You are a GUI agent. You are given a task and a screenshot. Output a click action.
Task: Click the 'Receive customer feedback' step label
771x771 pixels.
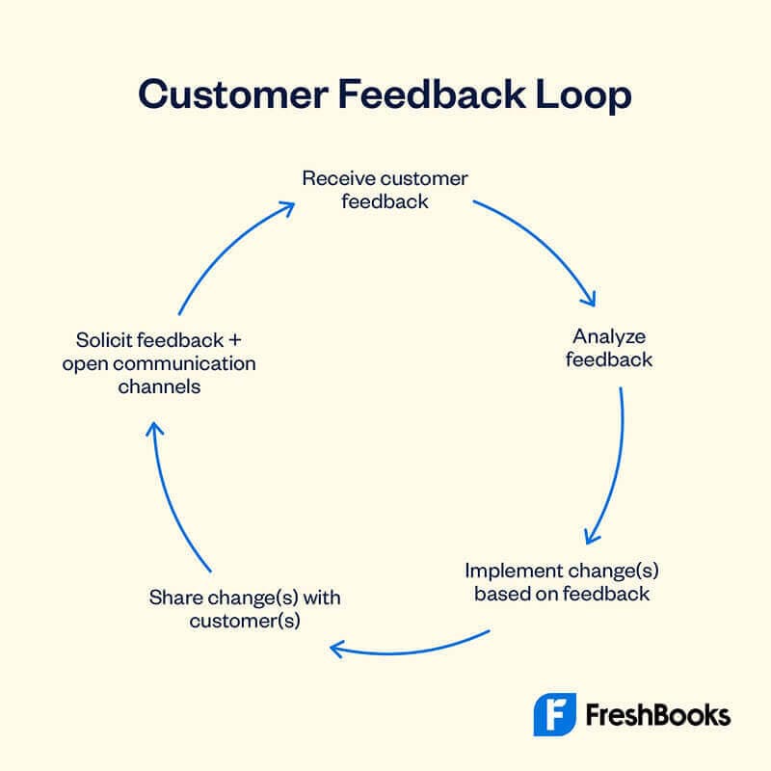click(x=385, y=190)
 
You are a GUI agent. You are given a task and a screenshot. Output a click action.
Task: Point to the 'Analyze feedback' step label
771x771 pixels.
click(x=608, y=348)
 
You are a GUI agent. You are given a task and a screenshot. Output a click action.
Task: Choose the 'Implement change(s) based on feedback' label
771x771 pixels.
click(x=562, y=581)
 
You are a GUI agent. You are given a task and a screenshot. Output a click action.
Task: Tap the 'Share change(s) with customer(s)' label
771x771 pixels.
click(x=245, y=609)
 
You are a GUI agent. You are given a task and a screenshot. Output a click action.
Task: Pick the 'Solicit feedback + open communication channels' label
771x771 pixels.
click(x=159, y=363)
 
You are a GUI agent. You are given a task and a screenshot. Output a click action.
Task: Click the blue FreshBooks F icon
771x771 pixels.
click(x=555, y=714)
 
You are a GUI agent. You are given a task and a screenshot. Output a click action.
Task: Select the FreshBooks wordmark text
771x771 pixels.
click(x=657, y=715)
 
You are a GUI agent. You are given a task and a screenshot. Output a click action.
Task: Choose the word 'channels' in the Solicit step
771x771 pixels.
click(x=159, y=386)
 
